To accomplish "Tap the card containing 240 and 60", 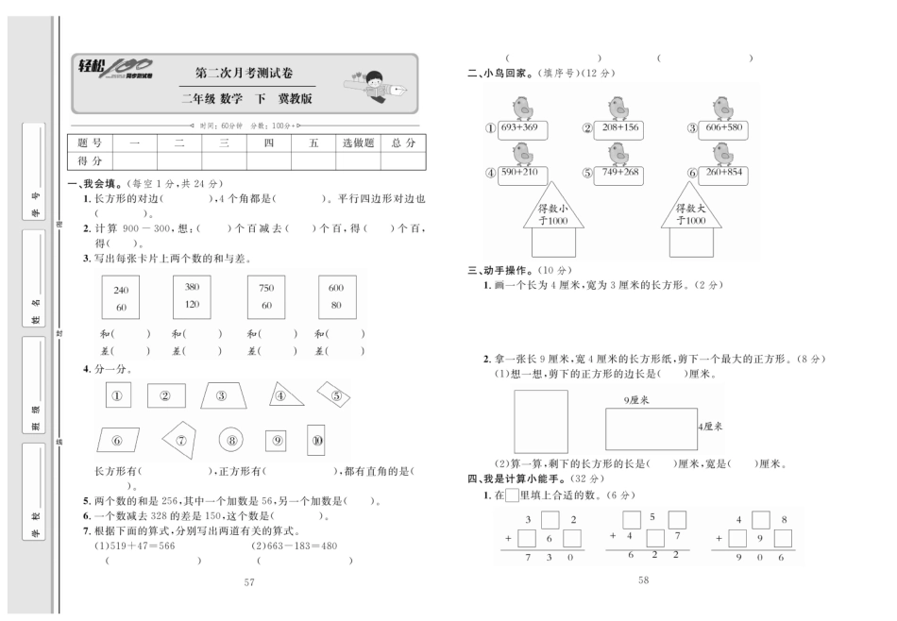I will [121, 298].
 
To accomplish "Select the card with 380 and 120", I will [192, 295].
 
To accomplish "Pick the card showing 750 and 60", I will [266, 297].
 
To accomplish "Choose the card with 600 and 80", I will [336, 297].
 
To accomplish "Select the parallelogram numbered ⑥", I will [117, 440].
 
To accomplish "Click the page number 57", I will [250, 582].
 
